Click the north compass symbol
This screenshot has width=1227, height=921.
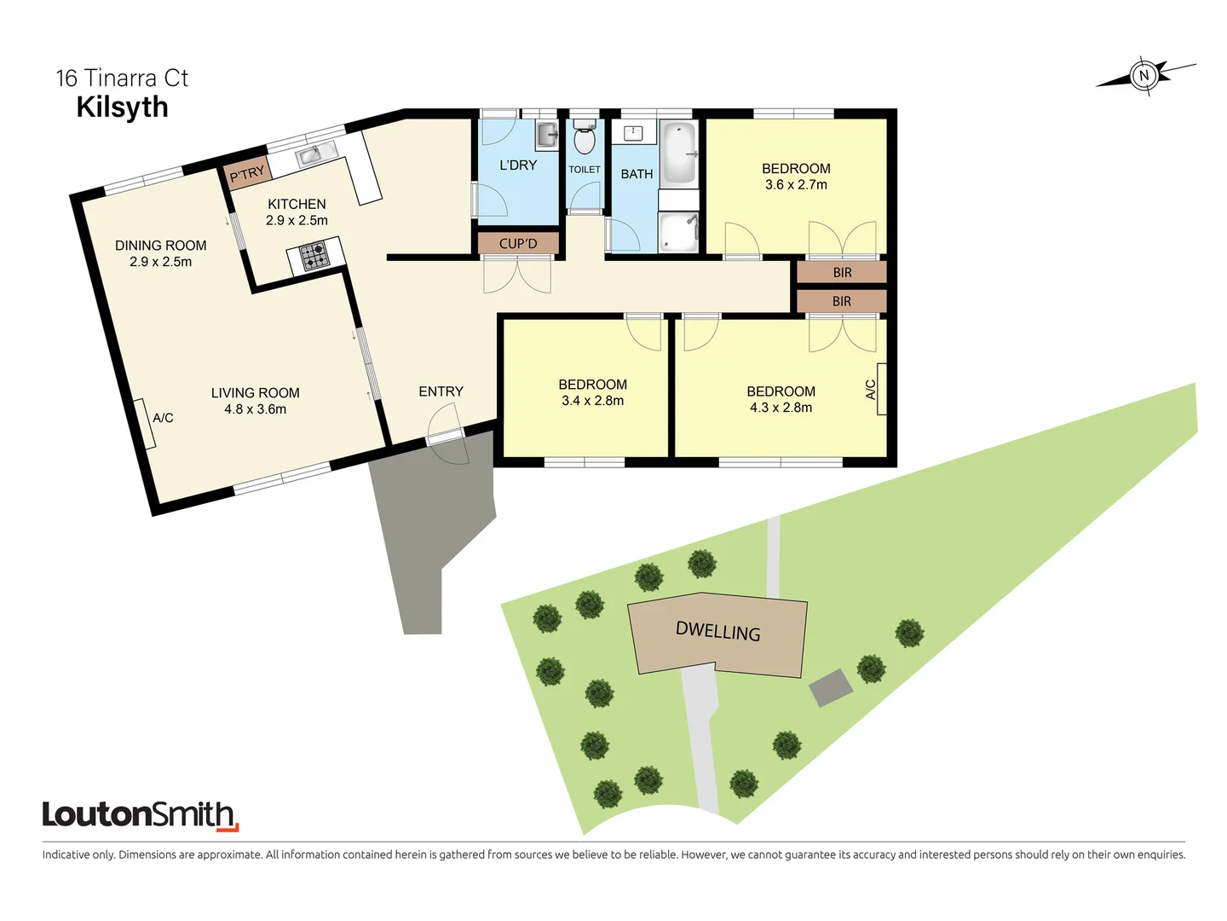click(1144, 76)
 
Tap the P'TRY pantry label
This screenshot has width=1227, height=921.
click(247, 174)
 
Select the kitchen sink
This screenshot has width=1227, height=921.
click(315, 154)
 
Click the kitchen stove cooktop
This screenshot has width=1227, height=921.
click(315, 256)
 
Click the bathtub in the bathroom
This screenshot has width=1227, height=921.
click(679, 153)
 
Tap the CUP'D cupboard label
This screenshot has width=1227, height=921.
click(518, 244)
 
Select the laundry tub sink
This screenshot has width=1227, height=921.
click(546, 135)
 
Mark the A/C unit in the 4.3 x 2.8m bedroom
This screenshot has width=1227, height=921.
click(881, 389)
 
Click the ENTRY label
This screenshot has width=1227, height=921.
click(441, 391)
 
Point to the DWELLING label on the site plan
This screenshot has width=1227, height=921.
click(717, 632)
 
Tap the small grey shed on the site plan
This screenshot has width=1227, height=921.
click(831, 687)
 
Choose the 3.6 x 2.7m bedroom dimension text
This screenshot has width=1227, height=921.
click(796, 185)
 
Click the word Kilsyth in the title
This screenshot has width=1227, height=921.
click(123, 107)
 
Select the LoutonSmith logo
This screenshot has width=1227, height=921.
click(141, 815)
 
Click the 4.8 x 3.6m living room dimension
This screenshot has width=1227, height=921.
click(255, 409)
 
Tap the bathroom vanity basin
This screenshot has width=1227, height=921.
click(634, 133)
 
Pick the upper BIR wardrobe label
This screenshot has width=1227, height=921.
click(842, 273)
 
